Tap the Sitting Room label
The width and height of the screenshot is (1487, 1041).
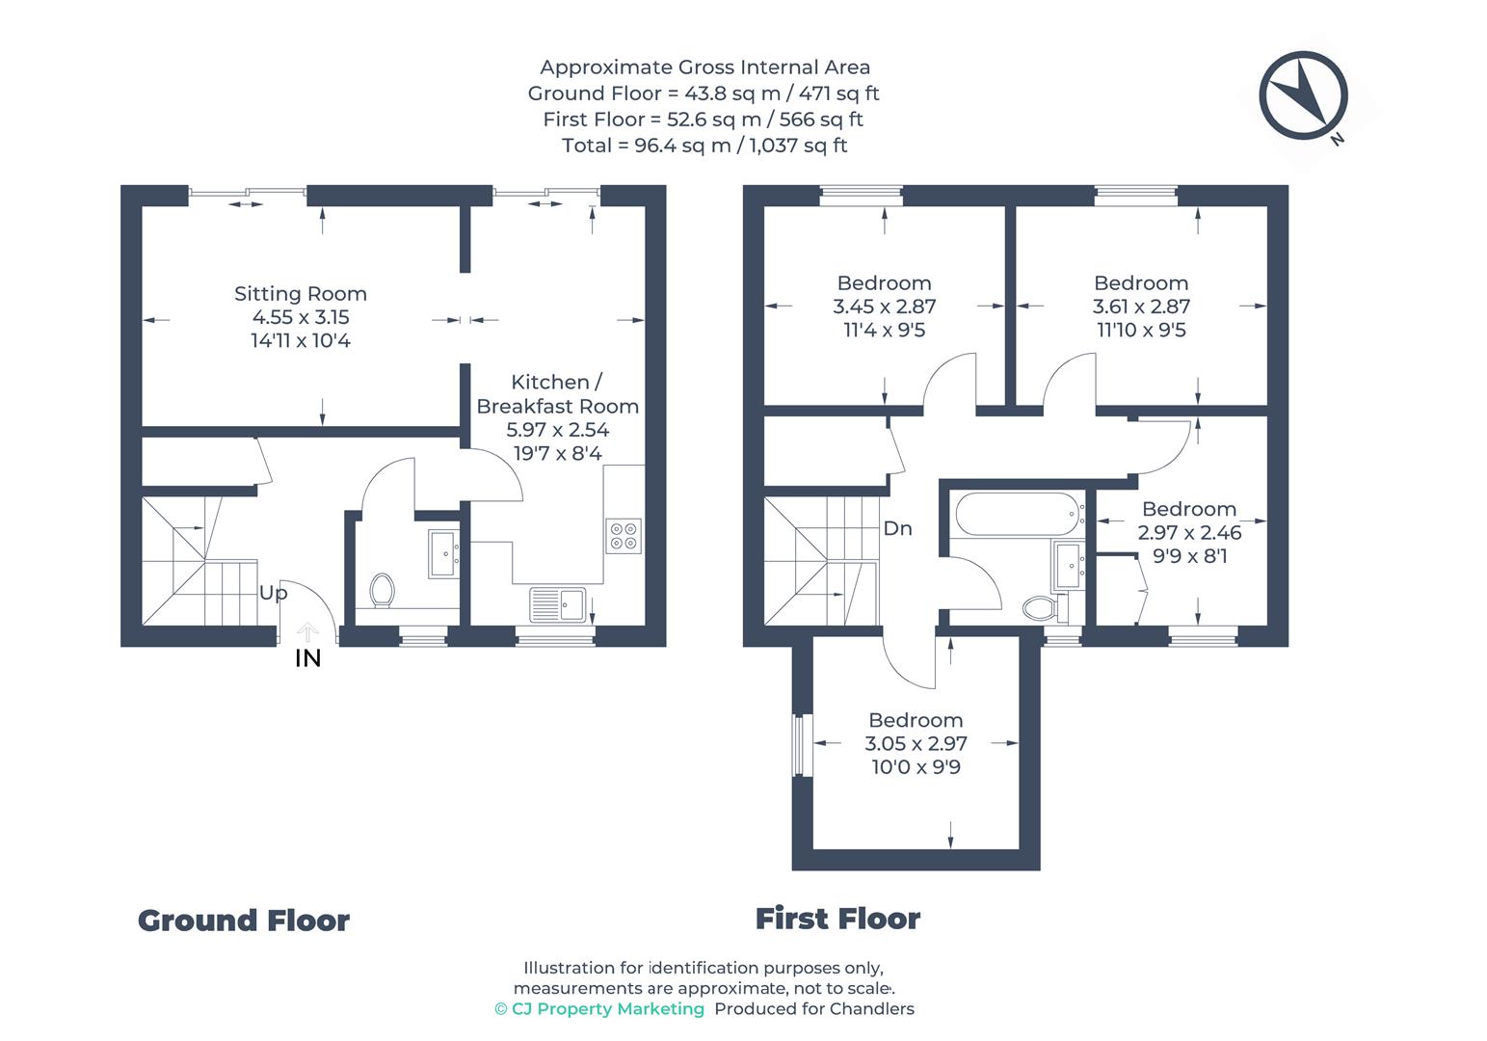pos(300,294)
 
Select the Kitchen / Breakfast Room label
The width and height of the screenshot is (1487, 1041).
pos(557,394)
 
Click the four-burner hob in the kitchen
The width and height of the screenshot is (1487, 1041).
pos(624,535)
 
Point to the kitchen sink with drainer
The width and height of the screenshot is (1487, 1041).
pos(557,604)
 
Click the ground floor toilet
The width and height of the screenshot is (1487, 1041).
pos(382,590)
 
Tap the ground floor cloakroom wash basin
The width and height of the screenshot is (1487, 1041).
pos(443,553)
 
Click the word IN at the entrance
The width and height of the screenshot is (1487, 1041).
pos(307,658)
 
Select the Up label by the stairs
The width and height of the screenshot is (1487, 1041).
pos(273,593)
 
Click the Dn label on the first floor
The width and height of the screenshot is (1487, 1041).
pos(897,528)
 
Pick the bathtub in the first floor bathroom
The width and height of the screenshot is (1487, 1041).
pos(1018,515)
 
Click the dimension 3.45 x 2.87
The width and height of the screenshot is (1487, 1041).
pos(884,307)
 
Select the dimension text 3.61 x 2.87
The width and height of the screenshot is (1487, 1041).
pos(1141,307)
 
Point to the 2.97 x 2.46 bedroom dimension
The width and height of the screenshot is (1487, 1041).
pos(1189,532)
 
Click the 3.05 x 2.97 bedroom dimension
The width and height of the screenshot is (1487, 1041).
pos(916,743)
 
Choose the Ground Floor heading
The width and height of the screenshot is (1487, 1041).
pos(243,921)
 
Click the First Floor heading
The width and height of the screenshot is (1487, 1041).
pos(837,919)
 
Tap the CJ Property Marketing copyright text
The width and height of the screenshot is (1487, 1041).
pos(599,1008)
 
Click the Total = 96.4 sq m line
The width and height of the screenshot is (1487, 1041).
pos(704,146)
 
